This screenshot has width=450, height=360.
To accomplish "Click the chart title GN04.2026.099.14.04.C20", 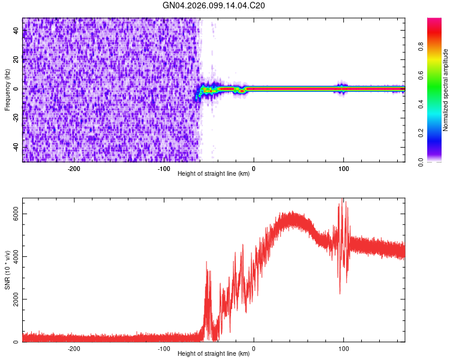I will (x=214, y=6).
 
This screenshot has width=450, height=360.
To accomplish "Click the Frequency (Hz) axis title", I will (x=7, y=89).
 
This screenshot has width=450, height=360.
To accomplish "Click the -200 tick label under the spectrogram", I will (x=74, y=169).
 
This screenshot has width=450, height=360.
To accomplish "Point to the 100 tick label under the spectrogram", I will (x=344, y=169).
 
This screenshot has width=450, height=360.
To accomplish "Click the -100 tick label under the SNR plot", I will (x=164, y=349).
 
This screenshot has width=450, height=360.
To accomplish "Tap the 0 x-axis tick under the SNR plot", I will (x=254, y=349).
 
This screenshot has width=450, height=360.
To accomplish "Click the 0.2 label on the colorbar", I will (x=421, y=133).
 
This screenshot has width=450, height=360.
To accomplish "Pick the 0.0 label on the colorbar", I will (x=421, y=161).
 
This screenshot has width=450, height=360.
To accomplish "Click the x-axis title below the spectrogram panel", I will (x=214, y=174).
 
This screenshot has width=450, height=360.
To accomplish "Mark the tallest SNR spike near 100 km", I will (x=343, y=200).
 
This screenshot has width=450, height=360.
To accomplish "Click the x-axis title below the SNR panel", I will (x=214, y=354).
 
